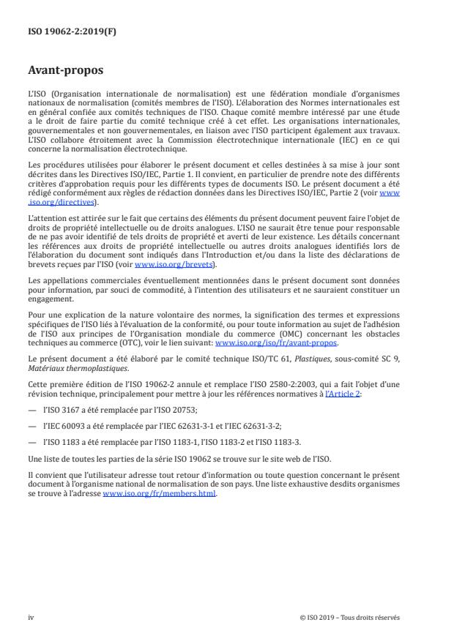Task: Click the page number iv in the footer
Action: [x=31, y=617]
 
